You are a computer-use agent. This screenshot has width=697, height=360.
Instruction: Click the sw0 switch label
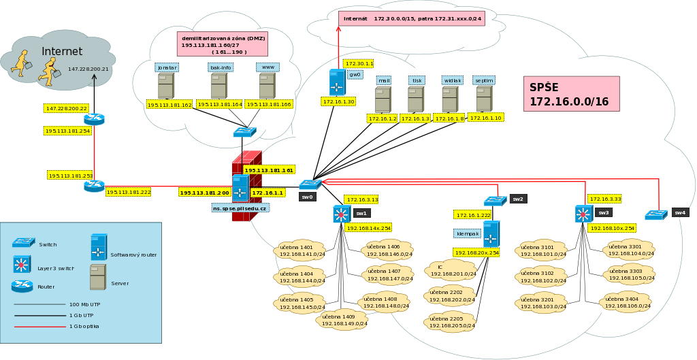click(x=308, y=197)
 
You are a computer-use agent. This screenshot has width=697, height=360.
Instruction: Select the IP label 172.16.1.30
click(x=338, y=101)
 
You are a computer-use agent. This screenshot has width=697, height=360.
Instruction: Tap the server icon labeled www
click(x=267, y=86)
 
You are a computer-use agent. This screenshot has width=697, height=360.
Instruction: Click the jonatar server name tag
click(x=167, y=67)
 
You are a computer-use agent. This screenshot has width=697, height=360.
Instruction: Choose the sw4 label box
click(x=680, y=212)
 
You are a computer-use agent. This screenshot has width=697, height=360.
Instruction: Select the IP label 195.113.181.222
click(x=129, y=193)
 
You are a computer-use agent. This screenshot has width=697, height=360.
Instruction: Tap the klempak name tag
click(x=467, y=233)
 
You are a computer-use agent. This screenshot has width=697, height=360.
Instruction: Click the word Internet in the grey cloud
click(x=62, y=52)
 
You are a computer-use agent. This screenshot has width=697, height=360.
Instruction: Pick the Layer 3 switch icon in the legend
click(x=22, y=264)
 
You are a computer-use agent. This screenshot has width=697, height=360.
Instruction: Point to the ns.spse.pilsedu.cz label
click(x=240, y=208)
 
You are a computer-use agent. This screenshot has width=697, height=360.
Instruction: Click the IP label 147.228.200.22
click(x=66, y=108)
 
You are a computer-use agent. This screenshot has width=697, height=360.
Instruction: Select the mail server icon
click(x=383, y=99)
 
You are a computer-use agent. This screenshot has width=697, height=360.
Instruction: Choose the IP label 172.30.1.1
click(x=358, y=63)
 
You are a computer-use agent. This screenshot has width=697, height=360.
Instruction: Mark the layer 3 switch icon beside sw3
click(x=583, y=214)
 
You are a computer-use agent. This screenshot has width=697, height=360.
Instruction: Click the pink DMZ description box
click(x=223, y=44)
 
